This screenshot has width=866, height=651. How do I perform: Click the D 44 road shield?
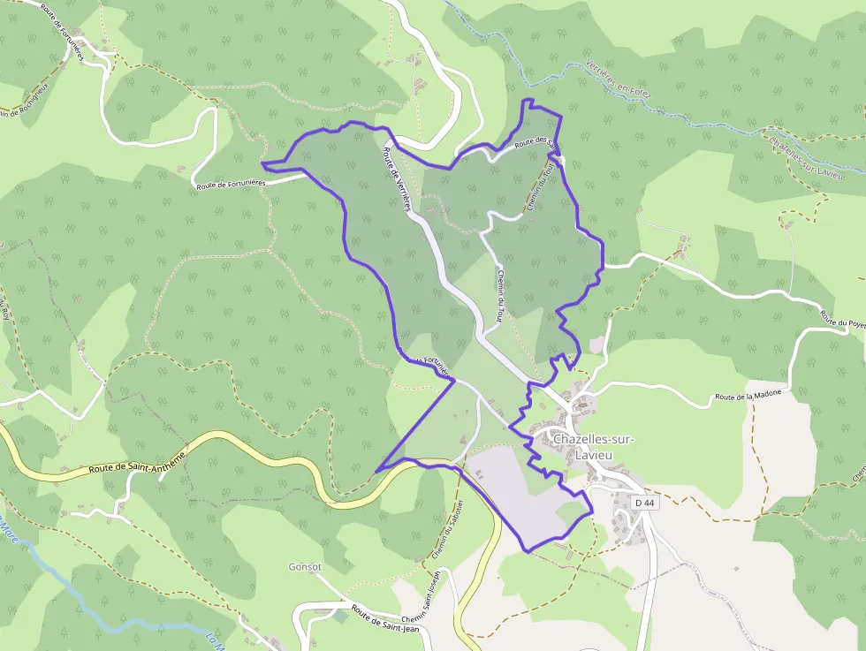[x=646, y=503]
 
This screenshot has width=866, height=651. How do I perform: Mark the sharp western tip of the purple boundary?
[x=263, y=163]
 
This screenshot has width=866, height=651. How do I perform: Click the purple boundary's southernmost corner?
[x=527, y=552]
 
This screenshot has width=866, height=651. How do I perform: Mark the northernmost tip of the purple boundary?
[x=528, y=100]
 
